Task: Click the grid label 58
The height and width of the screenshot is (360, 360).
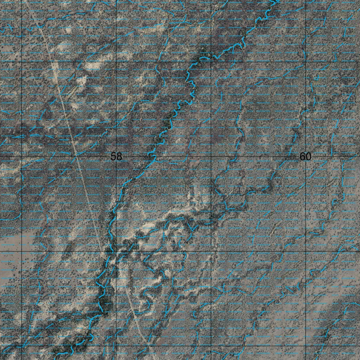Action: click(116, 156)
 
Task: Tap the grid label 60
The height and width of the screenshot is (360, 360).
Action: click(306, 156)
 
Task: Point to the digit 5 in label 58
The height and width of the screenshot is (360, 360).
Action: click(114, 156)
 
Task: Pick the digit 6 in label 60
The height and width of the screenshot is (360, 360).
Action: click(303, 156)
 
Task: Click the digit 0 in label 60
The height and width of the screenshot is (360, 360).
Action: click(308, 156)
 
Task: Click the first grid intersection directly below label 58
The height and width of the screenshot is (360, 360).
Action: click(116, 251)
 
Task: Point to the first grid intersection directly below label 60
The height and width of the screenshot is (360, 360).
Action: click(306, 251)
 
